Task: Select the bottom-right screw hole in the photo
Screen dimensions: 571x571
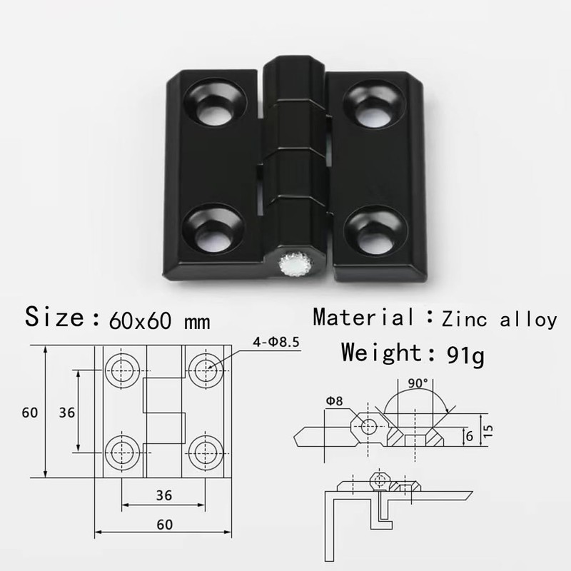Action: (375, 232)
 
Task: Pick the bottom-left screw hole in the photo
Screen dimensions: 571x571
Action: (213, 228)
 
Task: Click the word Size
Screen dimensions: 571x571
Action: (55, 316)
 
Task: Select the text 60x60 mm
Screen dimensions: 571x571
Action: (159, 320)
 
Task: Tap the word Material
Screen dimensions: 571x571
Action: (363, 316)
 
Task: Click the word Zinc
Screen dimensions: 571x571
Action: (465, 319)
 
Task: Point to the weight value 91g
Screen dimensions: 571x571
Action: (465, 355)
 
